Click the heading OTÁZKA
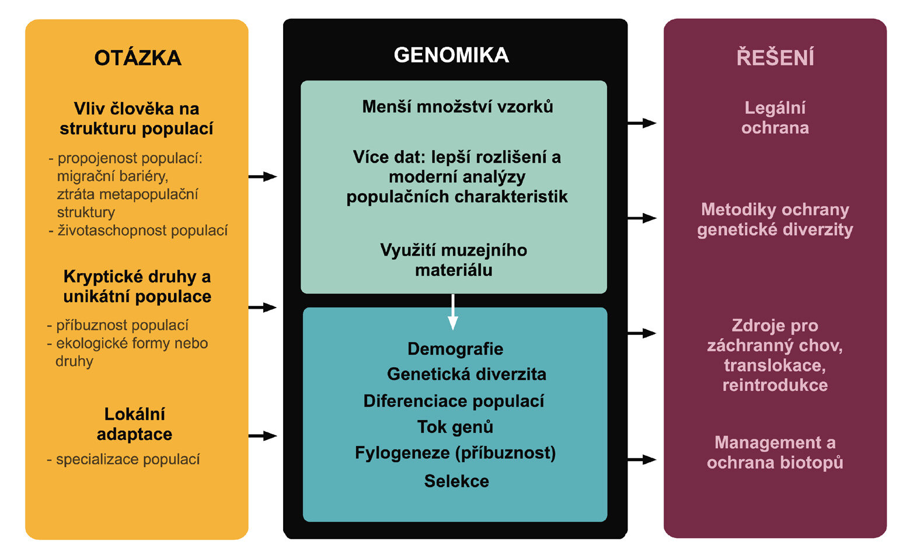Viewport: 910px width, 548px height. point(138,57)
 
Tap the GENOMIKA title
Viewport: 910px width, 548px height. point(451,55)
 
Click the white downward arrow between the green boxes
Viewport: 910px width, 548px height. point(453,312)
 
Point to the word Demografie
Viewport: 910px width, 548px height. point(455,349)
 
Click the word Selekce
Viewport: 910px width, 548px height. point(456,481)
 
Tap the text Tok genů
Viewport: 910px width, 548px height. point(455,427)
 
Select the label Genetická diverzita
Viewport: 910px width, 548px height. point(466,374)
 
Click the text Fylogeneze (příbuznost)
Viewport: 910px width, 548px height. point(455,453)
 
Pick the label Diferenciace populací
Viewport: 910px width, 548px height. point(454,401)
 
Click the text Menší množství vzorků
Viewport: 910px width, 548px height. point(458,106)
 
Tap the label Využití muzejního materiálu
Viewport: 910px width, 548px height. point(454,260)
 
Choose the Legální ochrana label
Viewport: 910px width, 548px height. point(775,118)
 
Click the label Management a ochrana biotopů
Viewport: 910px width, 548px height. point(775,452)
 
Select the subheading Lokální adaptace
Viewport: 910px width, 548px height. point(134,424)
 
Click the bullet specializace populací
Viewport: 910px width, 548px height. point(124,459)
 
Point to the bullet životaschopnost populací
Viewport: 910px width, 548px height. point(138,231)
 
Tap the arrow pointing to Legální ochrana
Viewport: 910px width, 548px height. point(642,123)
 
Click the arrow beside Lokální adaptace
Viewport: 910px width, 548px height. point(263,436)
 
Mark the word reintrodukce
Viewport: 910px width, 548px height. point(775,385)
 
